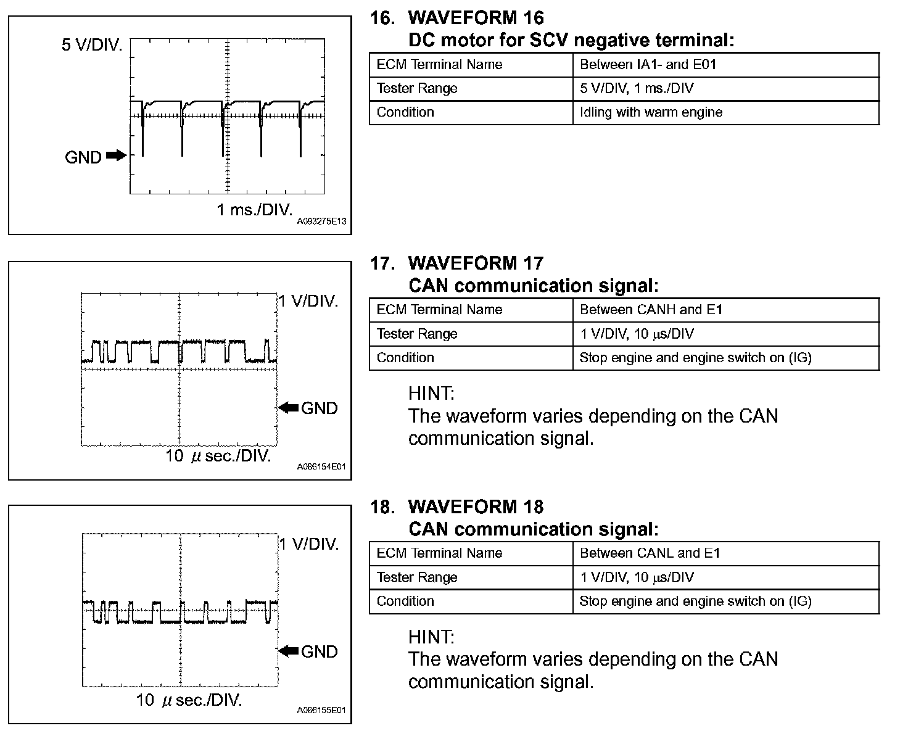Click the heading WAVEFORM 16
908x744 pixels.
tap(476, 18)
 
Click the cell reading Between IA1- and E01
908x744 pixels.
tap(648, 64)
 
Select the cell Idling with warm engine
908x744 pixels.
tap(651, 112)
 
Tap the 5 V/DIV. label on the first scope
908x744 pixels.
tap(92, 45)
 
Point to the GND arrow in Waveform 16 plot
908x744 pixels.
tap(115, 155)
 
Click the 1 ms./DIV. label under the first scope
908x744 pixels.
tap(254, 210)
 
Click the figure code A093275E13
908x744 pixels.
tap(321, 221)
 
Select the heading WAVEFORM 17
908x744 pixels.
tap(476, 263)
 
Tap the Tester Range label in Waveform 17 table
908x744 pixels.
tap(417, 334)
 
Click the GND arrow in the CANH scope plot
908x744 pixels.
tap(289, 407)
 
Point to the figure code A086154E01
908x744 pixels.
tap(321, 467)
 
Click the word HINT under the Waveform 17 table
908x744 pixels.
tap(431, 393)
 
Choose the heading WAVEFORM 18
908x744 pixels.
tap(476, 507)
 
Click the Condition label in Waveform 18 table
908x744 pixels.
tap(405, 601)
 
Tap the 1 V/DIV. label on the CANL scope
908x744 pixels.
tap(309, 544)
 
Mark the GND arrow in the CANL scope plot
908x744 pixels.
tap(289, 651)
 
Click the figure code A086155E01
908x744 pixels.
tap(321, 711)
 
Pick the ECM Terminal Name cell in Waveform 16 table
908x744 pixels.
tap(439, 64)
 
